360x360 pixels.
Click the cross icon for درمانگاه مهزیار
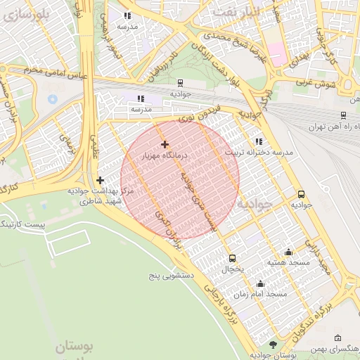[x=165, y=144]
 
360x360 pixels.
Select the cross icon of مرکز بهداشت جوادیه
[x=101, y=180]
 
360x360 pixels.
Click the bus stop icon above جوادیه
[x=301, y=194]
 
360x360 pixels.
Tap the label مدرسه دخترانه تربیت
[x=257, y=152]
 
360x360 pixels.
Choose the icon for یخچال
[x=233, y=258]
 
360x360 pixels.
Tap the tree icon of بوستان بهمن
[x=273, y=344]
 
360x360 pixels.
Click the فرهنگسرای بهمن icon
[x=338, y=338]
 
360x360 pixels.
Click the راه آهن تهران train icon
[x=342, y=115]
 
